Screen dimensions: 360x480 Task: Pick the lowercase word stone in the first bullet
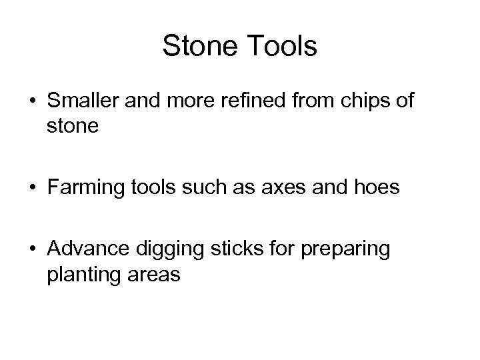pos(73,125)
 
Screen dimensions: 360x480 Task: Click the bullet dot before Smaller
pos(32,103)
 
